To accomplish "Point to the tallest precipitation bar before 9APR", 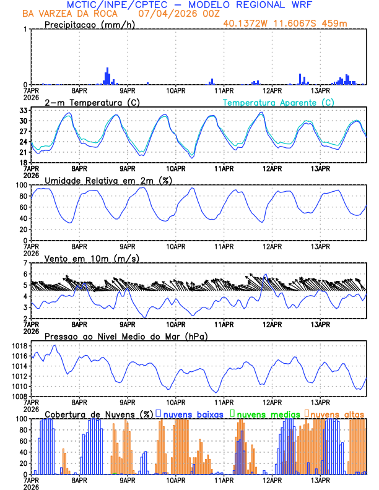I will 107,75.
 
